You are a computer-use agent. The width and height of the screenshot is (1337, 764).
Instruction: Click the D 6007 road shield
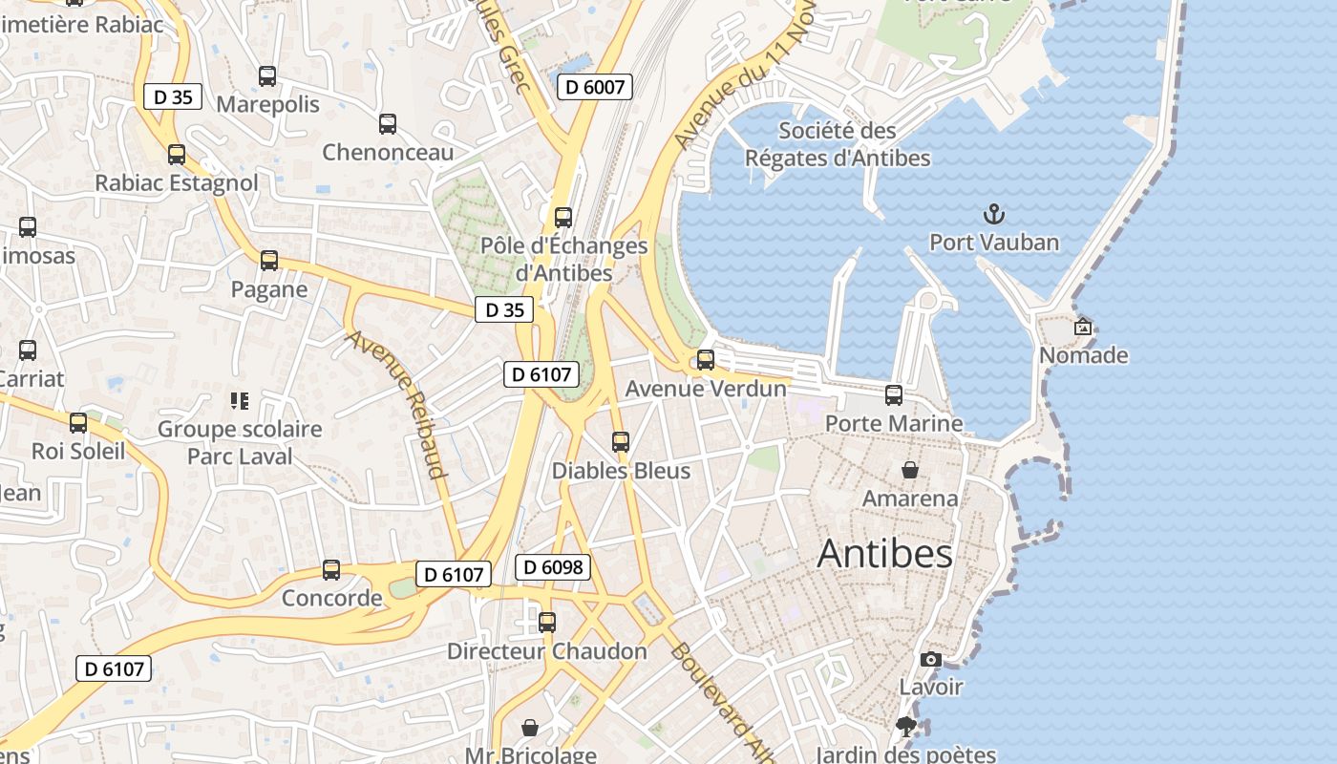(595, 88)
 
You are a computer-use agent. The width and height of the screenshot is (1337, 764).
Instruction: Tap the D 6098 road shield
(553, 567)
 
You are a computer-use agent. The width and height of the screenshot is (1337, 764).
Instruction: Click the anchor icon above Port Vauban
(994, 214)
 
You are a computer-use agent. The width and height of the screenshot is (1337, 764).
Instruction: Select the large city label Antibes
(884, 554)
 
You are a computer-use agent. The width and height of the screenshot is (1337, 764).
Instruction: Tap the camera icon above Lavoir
(930, 659)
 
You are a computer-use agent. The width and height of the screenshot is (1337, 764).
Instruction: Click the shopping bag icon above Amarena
(910, 470)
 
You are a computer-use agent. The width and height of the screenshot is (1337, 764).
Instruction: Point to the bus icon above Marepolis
(267, 76)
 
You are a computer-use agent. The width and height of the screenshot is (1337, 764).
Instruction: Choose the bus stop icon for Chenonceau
(387, 124)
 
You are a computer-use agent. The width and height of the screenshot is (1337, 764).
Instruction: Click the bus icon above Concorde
(331, 570)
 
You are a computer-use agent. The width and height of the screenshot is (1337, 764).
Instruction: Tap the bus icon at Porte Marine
(894, 394)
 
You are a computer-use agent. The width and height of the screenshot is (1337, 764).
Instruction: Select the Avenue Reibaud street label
(396, 404)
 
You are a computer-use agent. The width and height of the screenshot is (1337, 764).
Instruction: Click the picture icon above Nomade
(1083, 327)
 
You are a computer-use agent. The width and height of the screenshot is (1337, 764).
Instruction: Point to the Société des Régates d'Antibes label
(838, 144)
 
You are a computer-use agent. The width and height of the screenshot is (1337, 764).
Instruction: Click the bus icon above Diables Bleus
(621, 442)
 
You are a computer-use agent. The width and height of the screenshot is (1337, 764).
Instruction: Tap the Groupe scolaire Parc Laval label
(240, 442)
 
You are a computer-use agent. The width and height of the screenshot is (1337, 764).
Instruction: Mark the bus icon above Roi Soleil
(78, 422)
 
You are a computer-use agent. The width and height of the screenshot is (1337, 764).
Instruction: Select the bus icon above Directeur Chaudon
(547, 623)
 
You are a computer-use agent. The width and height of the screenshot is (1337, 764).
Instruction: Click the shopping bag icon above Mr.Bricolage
(530, 728)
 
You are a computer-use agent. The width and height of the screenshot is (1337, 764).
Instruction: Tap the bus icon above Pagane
(269, 260)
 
